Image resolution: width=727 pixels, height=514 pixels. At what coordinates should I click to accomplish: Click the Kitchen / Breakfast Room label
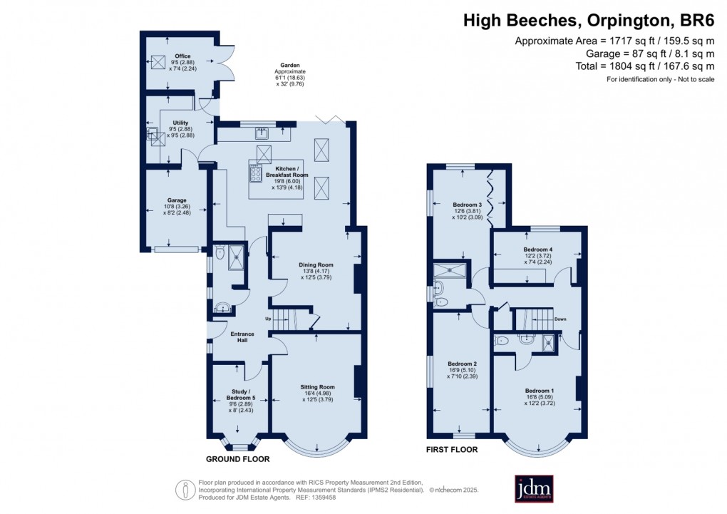[x=287, y=170]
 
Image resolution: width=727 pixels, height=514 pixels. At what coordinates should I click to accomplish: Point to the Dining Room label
[x=316, y=264]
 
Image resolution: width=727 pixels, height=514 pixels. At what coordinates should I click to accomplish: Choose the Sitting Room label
[x=317, y=387]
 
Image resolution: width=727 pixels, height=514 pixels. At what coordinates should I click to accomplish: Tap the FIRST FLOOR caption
[x=453, y=450]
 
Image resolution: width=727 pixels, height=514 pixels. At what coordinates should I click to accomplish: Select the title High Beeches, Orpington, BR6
[x=588, y=21]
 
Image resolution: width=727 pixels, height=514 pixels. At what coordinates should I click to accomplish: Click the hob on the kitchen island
[x=256, y=173]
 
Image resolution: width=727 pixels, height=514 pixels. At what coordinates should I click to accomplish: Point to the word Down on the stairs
[x=560, y=319]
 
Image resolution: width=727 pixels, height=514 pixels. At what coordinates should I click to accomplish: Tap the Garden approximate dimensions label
[x=290, y=72]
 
